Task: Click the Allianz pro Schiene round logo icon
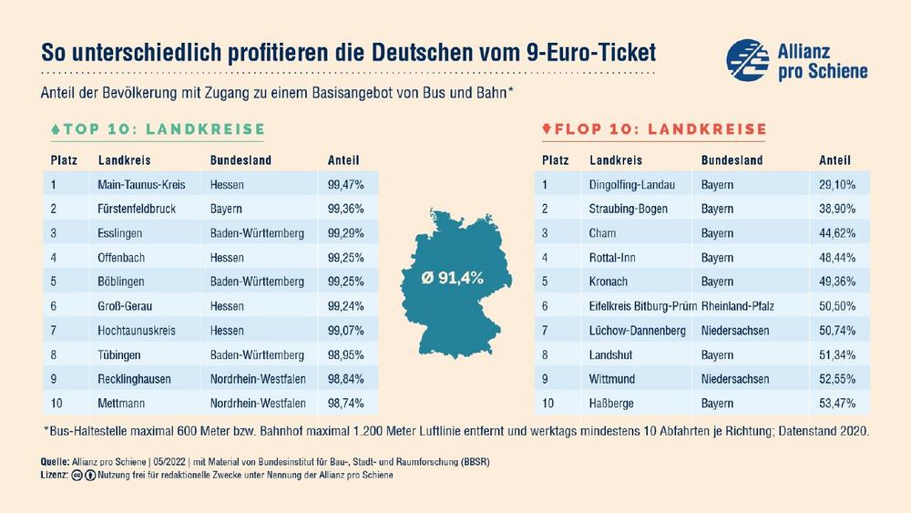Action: click(x=747, y=59)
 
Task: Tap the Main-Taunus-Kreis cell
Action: click(x=140, y=184)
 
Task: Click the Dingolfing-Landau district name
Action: click(x=632, y=184)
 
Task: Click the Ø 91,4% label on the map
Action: click(x=452, y=274)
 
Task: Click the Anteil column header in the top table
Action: click(x=342, y=160)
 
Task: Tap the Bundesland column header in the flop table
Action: click(x=732, y=160)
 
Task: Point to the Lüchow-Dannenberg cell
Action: click(x=638, y=329)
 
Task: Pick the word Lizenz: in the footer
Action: click(x=56, y=475)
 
